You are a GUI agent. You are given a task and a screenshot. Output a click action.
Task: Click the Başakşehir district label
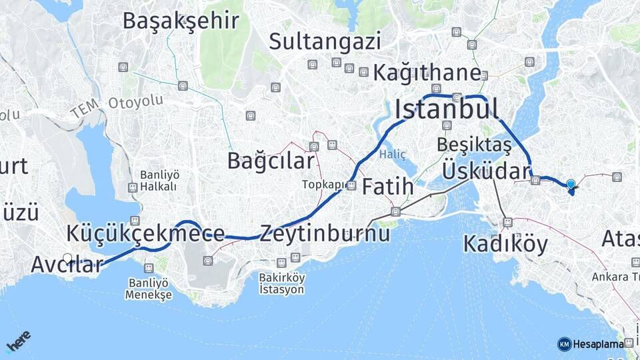180,21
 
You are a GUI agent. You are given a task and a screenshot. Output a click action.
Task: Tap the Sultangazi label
325,41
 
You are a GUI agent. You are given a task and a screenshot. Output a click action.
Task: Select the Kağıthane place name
427,73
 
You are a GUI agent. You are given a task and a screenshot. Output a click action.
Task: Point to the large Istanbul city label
447,109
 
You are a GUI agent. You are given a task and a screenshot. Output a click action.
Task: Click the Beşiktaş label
474,145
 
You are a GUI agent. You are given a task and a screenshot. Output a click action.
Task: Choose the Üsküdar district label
485,171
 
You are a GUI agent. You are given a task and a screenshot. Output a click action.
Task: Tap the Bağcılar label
270,161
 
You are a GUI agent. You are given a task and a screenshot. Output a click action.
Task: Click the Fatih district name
387,187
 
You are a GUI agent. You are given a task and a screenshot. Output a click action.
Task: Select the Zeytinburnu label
325,234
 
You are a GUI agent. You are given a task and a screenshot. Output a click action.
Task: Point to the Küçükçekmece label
145,233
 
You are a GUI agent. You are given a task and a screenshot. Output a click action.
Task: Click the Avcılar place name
67,264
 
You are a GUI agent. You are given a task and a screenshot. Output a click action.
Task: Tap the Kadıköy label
505,244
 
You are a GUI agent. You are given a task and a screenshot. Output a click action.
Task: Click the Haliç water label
392,155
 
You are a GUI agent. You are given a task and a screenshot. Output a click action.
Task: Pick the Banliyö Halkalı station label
159,181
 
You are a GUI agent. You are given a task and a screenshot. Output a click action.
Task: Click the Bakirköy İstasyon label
282,283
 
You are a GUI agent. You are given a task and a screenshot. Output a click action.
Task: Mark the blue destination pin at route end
571,184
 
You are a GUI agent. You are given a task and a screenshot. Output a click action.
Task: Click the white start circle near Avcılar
67,258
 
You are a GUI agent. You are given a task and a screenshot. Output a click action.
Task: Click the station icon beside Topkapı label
351,185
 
